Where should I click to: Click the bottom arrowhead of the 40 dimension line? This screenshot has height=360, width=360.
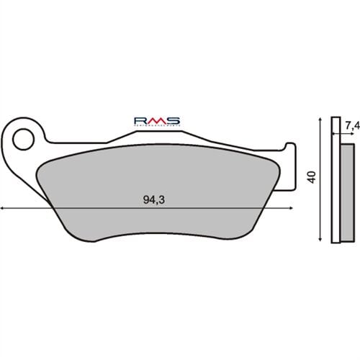319,238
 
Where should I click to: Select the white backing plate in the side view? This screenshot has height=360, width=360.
335,180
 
